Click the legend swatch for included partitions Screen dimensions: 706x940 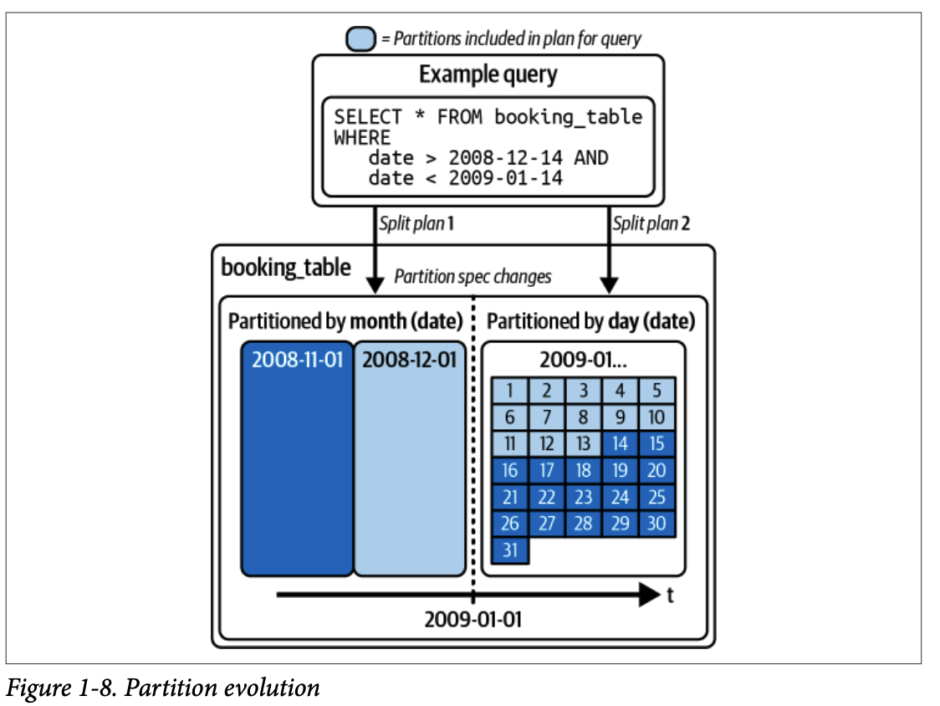tap(361, 39)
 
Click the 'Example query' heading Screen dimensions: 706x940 tap(488, 74)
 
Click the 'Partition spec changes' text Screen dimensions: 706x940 tap(473, 276)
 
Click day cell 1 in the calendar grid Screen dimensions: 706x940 tap(509, 391)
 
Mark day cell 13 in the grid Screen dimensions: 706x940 tap(583, 443)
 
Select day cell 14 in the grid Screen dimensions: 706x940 tap(620, 443)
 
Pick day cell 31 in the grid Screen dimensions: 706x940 tap(509, 550)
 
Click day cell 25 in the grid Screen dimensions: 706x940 tap(656, 497)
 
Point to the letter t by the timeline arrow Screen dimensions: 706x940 tap(671, 595)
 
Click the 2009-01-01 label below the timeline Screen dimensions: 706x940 tap(473, 620)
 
